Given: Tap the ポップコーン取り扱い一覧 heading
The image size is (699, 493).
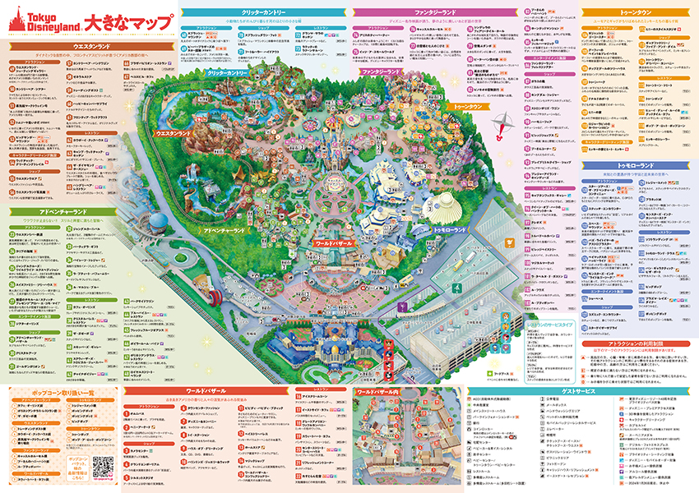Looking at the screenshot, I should click(58, 394).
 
